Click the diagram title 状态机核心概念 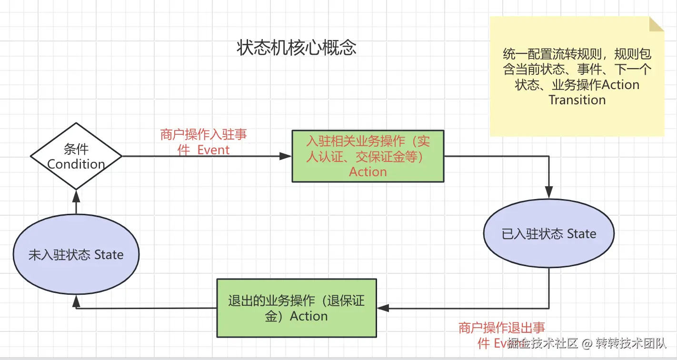(296, 48)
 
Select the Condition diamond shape (76, 156)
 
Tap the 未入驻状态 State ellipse (76, 255)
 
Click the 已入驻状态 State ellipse (549, 234)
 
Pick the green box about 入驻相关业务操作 (368, 156)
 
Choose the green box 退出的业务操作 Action (297, 308)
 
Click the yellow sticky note (576, 76)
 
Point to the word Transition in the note (577, 100)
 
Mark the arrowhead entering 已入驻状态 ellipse (549, 194)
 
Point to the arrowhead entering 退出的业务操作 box (382, 308)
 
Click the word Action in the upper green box (368, 172)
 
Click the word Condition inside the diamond (76, 164)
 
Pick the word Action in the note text (620, 85)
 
